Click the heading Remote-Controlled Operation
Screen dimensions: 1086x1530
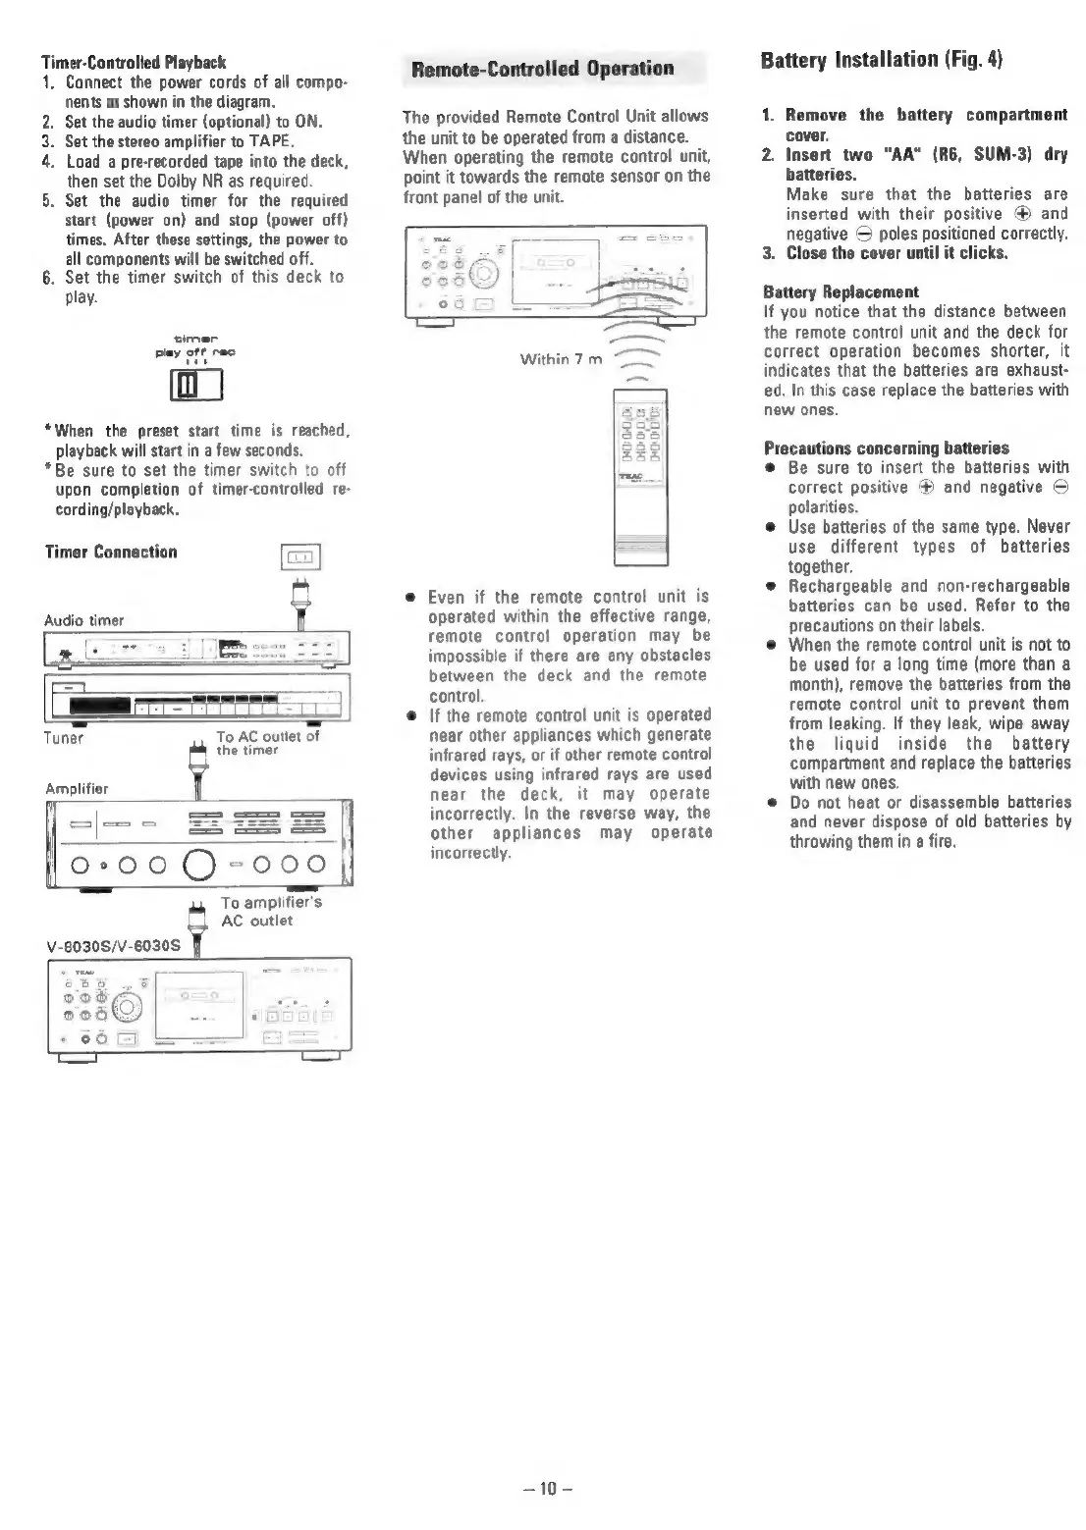pos(542,69)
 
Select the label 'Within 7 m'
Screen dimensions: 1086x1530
pos(561,359)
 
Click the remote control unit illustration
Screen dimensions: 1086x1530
pos(639,476)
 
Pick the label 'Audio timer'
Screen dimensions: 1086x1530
pos(84,619)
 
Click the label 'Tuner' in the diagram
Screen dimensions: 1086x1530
pos(64,737)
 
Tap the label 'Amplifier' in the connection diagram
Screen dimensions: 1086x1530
pos(77,788)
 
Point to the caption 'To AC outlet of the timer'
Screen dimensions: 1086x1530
pos(267,743)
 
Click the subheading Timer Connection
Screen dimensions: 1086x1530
pos(111,552)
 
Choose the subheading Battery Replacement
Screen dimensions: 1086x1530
pos(841,292)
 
